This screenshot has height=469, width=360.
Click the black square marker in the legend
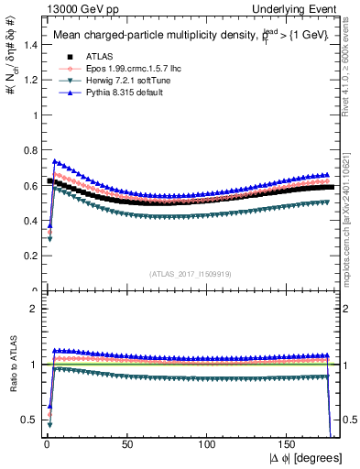point(65,57)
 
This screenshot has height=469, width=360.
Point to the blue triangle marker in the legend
point(65,93)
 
